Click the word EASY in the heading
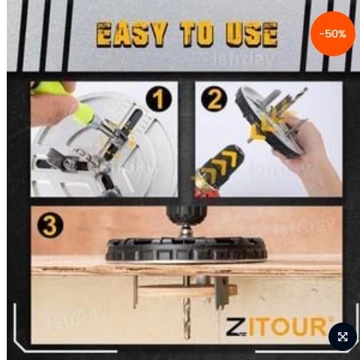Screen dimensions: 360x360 click(x=130, y=34)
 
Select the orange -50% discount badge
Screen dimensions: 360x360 click(x=333, y=34)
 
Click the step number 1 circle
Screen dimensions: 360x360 click(x=159, y=99)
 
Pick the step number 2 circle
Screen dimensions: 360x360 click(x=214, y=99)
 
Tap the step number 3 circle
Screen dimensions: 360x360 click(x=50, y=226)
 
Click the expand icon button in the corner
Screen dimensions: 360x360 click(x=343, y=337)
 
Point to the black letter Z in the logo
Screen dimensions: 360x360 click(x=235, y=326)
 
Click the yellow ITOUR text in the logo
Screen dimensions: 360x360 click(x=287, y=326)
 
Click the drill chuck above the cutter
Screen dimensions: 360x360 click(x=187, y=212)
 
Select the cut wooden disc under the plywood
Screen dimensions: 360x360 click(x=186, y=290)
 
